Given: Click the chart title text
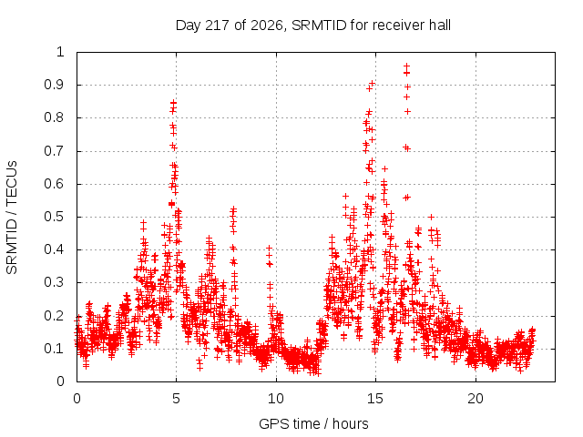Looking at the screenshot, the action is [x=313, y=25].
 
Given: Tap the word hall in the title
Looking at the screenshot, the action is [x=439, y=25].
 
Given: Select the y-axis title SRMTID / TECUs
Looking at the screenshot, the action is [x=12, y=218].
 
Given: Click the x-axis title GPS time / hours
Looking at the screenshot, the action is [x=313, y=423].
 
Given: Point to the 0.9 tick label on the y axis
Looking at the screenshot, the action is [x=55, y=85].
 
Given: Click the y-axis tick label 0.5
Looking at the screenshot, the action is [x=55, y=217].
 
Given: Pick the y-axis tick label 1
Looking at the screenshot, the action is [x=60, y=52].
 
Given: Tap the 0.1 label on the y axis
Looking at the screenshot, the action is [x=55, y=349].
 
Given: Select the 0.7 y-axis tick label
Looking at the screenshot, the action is [x=55, y=151].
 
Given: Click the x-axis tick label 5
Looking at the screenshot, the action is [x=176, y=399].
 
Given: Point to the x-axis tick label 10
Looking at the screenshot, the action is [x=276, y=399].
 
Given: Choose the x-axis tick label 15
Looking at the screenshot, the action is [x=375, y=399].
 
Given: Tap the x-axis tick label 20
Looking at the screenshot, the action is [x=476, y=399].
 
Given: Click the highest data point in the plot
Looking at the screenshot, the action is [x=407, y=66].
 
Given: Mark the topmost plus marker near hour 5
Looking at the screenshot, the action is [x=173, y=102].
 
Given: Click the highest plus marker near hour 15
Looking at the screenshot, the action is [x=372, y=83].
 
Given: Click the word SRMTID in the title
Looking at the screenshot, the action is [x=319, y=25].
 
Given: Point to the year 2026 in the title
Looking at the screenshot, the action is [x=267, y=26].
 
